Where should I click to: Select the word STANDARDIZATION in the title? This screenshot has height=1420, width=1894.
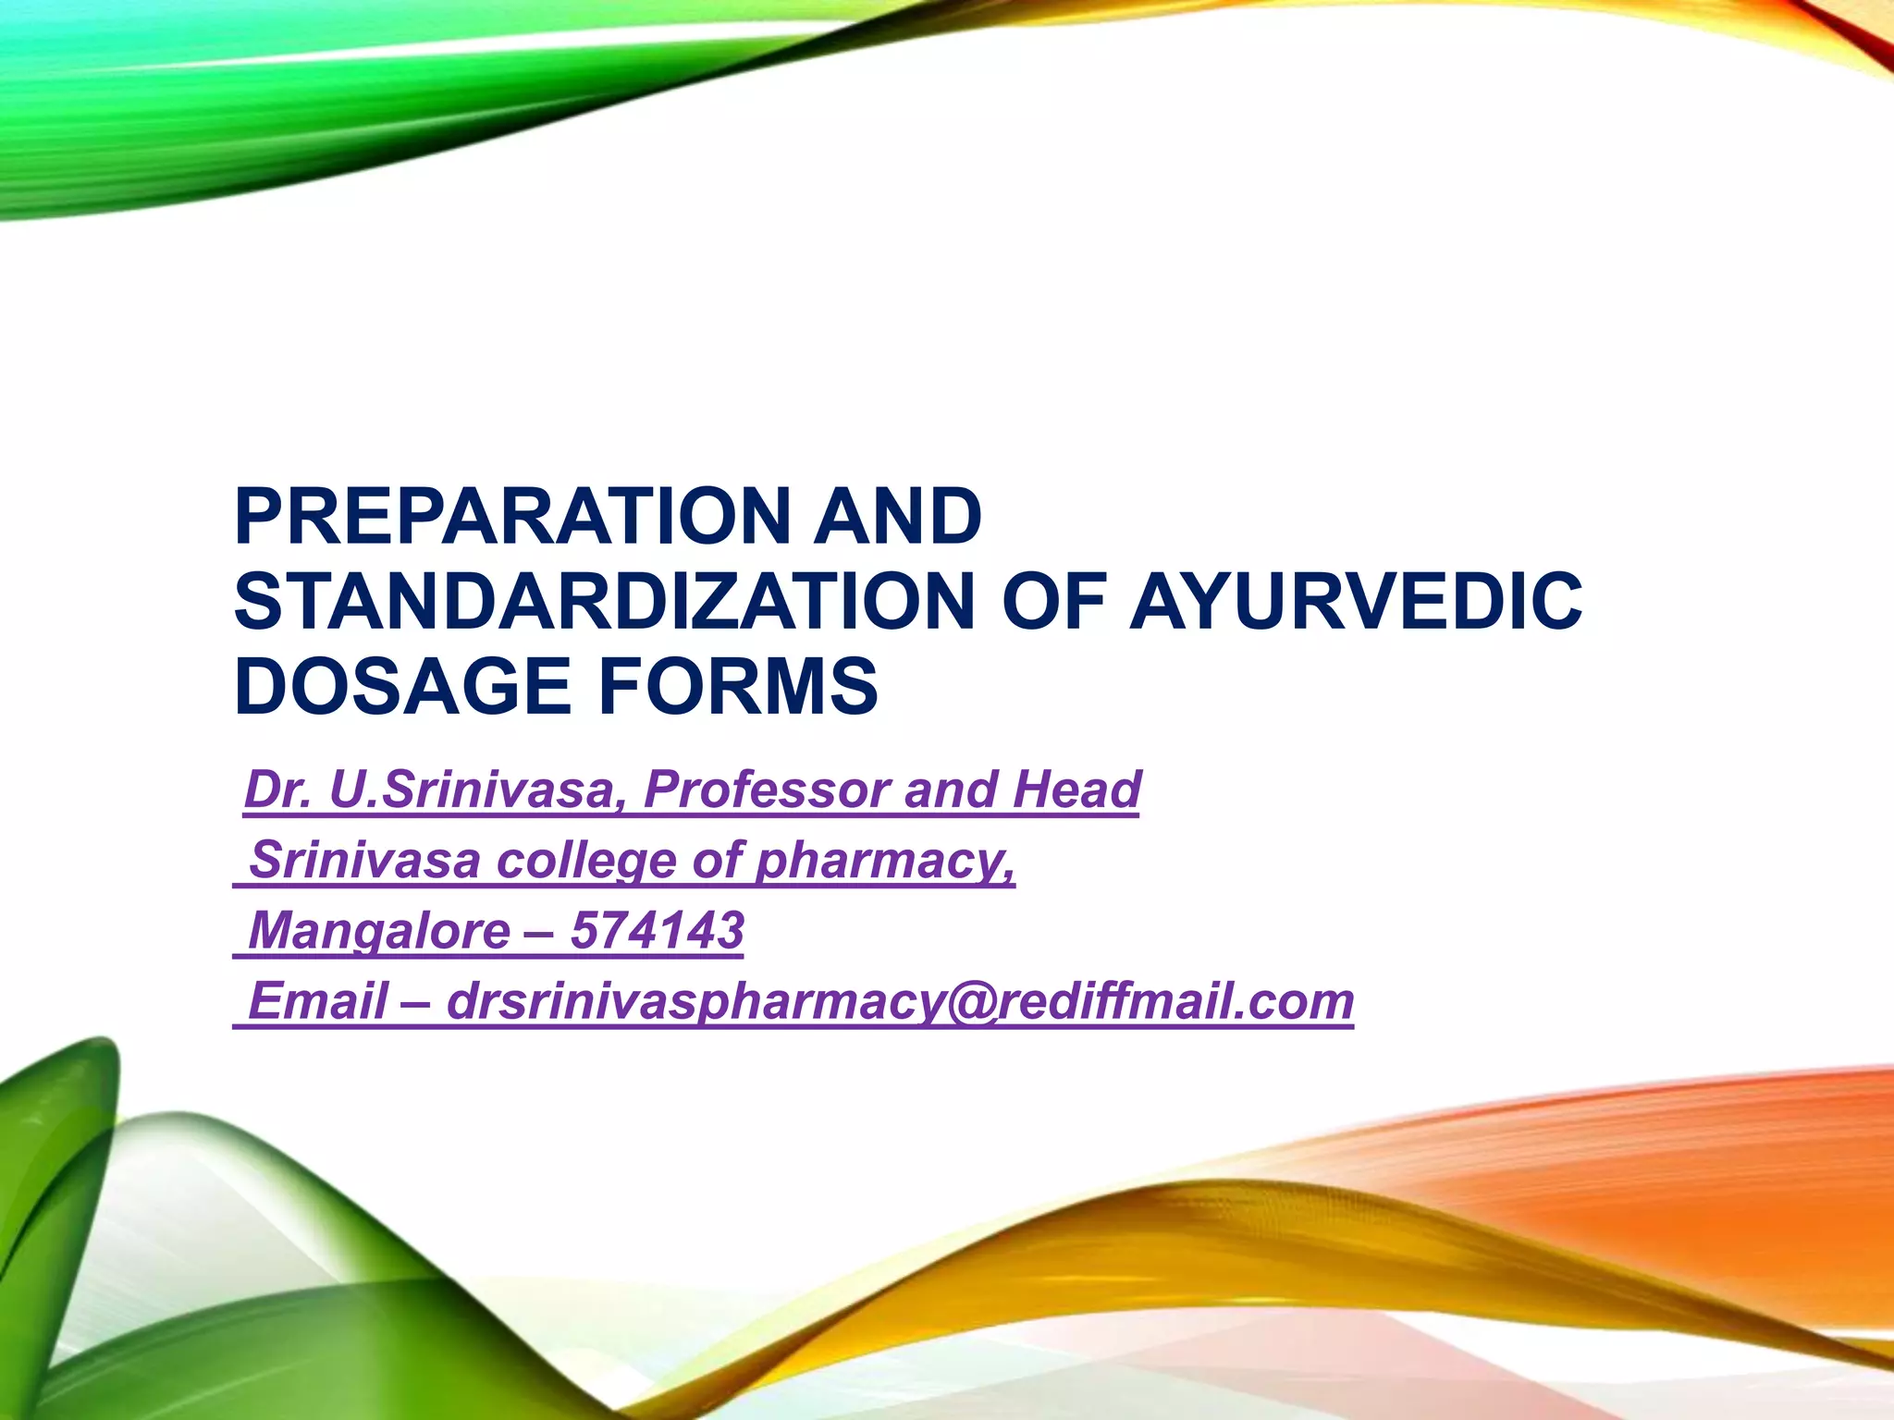coord(605,602)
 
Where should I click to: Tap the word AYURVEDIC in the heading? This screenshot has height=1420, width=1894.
coord(1356,602)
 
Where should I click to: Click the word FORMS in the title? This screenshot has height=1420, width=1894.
coord(738,687)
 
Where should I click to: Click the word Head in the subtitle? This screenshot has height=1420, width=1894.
coord(1076,790)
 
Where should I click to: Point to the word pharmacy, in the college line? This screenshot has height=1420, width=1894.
coord(885,861)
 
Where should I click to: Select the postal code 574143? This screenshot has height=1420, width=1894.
coord(657,931)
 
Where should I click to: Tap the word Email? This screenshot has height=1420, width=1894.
coord(318,1001)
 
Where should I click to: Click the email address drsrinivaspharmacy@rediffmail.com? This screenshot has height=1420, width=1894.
coord(900,1001)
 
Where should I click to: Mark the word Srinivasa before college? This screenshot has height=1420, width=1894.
coord(364,861)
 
